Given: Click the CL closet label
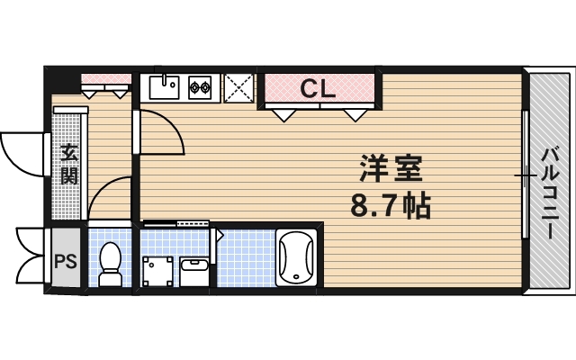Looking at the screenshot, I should point(318,88).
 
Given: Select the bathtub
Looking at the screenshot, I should point(296,259).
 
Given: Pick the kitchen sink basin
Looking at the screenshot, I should point(164,87).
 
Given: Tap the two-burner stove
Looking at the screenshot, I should point(200,87).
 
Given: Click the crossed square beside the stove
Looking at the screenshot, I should point(238,88).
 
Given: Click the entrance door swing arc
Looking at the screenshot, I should point(20,153).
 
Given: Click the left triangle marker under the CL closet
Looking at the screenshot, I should point(285,114).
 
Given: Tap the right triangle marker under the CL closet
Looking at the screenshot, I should point(355,114).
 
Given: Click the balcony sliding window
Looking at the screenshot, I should point(525,176).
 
